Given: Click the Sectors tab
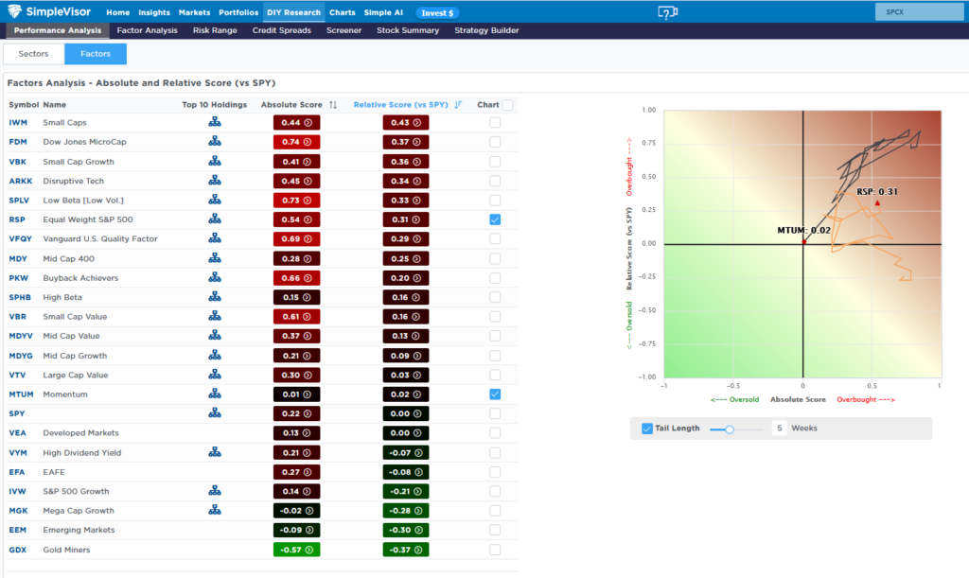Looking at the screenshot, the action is click(33, 54).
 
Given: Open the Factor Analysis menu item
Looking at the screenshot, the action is click(147, 30).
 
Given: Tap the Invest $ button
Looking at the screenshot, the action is click(437, 13).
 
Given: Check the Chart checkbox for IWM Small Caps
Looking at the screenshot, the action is click(495, 122).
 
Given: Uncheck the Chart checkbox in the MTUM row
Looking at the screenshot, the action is click(495, 394).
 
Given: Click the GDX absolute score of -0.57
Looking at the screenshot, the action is click(296, 550).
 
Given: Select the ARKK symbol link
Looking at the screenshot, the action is click(21, 181).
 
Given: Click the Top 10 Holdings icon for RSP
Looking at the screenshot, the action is click(215, 219).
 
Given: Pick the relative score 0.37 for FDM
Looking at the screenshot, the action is click(405, 142).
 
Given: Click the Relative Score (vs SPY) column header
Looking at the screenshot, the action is click(400, 105).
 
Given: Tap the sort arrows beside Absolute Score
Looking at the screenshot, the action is click(333, 105).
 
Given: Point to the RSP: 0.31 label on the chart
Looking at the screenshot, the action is click(877, 191).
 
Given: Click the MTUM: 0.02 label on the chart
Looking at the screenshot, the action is click(803, 230).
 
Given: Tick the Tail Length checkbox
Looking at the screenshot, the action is click(647, 429).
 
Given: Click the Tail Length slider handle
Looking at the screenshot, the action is click(730, 429).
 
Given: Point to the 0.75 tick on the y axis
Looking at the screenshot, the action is click(648, 143).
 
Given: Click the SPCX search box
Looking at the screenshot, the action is click(919, 11).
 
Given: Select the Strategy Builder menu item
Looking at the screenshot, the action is click(486, 30).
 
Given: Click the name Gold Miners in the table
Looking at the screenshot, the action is click(66, 550).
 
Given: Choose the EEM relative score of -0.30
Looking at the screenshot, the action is click(405, 530).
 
